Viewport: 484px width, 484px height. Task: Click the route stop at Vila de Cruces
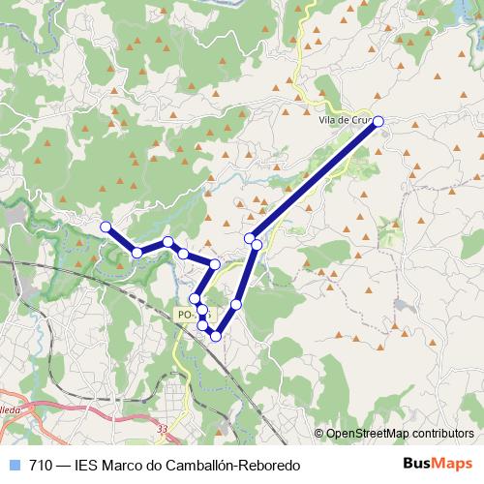coord(378,121)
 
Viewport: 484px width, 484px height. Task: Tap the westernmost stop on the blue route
coord(106,227)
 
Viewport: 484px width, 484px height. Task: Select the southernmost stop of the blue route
coord(216,336)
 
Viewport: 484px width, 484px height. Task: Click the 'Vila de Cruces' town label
coord(345,120)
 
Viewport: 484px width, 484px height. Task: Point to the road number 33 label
coord(162,429)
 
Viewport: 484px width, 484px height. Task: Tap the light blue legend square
coord(13,465)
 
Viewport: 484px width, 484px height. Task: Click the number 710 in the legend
coord(42,465)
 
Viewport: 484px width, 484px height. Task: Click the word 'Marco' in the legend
coord(126,465)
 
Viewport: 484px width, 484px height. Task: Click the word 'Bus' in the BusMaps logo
coord(418,464)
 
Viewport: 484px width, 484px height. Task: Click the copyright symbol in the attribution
coord(319,434)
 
